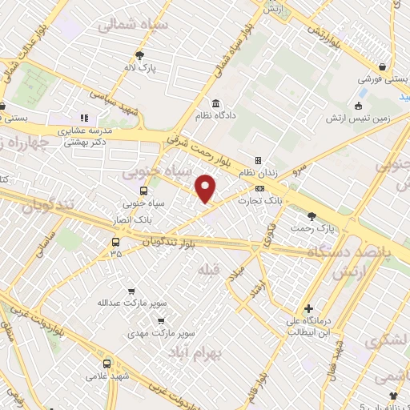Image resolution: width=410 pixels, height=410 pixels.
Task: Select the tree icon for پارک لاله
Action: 140,55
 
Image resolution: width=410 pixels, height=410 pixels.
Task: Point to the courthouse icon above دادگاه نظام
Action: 217,102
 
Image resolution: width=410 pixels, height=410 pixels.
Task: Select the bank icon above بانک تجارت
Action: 259,189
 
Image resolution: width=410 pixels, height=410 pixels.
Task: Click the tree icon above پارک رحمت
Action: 312,215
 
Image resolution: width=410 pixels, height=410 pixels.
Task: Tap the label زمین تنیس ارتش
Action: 357,119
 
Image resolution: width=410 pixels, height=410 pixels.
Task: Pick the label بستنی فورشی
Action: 384,80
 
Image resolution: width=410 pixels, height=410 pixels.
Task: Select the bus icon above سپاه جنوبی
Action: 144,191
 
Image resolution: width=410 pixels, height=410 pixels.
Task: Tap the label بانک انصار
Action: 132,218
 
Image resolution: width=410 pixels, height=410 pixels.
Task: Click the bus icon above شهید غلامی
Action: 107,364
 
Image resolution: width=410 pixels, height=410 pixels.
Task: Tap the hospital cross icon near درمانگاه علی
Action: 308,308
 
